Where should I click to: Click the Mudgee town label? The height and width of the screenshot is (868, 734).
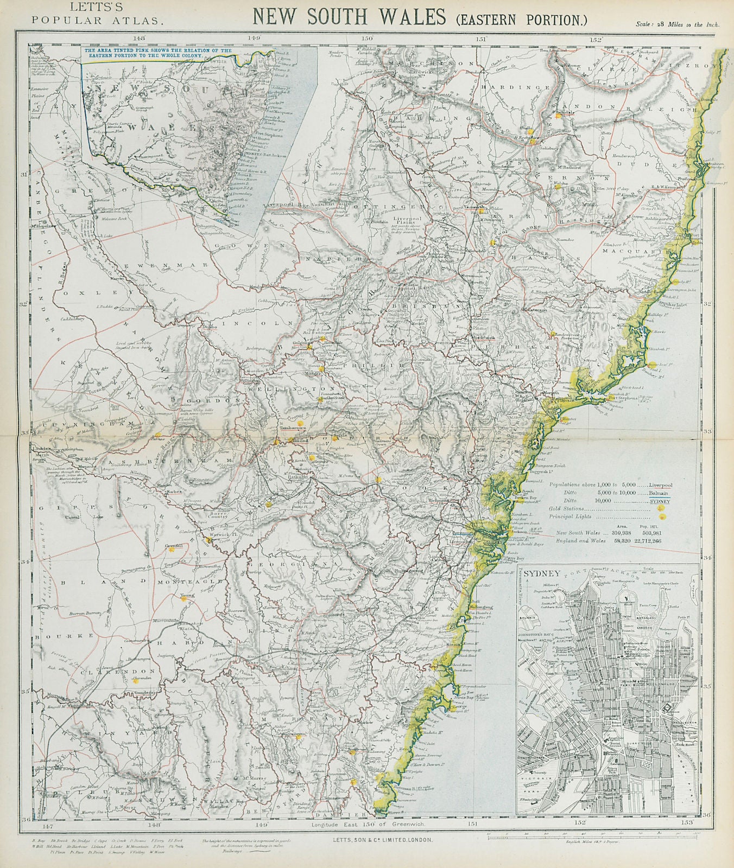(312, 374)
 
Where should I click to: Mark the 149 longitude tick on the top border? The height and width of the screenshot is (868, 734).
(254, 38)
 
